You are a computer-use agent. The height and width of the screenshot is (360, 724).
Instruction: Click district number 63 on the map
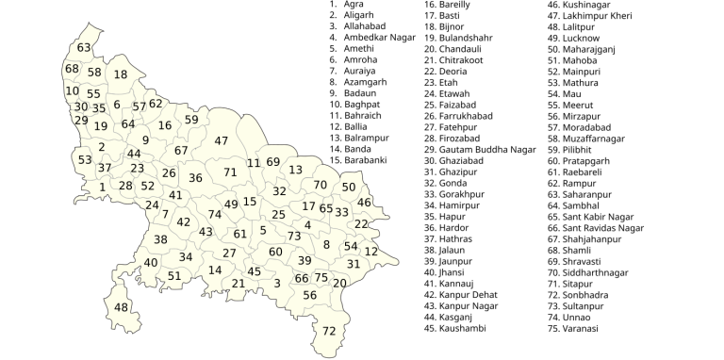point(85,48)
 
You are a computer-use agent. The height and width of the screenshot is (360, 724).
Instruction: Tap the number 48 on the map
point(121,307)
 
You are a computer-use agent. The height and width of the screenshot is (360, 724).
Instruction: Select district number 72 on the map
point(329,331)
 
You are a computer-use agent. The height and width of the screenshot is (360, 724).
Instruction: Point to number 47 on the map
point(222,140)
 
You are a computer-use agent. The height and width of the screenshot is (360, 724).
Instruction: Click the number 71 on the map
point(230,172)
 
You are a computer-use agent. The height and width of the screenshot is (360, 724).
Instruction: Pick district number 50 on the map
point(349,188)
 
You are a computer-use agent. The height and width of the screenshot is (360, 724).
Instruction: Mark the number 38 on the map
point(160,239)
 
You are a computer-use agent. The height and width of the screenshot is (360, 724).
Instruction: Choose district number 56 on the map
point(310,295)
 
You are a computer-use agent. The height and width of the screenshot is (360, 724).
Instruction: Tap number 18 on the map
point(121,74)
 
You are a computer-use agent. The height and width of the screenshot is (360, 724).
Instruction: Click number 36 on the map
point(195,177)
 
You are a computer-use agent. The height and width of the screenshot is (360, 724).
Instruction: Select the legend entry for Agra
point(354,5)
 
